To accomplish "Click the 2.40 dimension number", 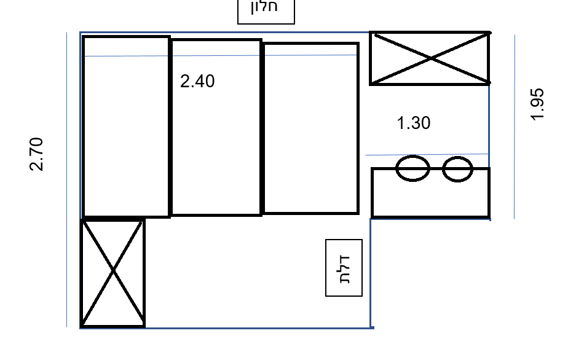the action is click(x=197, y=81).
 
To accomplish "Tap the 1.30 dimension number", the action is click(x=414, y=123).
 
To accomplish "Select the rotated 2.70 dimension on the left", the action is click(x=36, y=154).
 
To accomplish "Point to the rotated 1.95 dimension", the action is click(x=537, y=104).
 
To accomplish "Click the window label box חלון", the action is click(x=266, y=11).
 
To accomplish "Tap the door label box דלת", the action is click(x=344, y=268).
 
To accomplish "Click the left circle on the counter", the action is click(x=412, y=168).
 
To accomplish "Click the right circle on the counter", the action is click(x=457, y=169).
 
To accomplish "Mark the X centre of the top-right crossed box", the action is click(x=431, y=58).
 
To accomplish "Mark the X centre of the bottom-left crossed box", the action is click(x=112, y=271).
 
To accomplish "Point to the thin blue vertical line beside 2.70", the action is click(x=66, y=179).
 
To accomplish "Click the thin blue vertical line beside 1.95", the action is click(x=515, y=127).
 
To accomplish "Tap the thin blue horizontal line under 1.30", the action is click(x=427, y=154).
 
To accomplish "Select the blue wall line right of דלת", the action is click(x=370, y=273).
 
